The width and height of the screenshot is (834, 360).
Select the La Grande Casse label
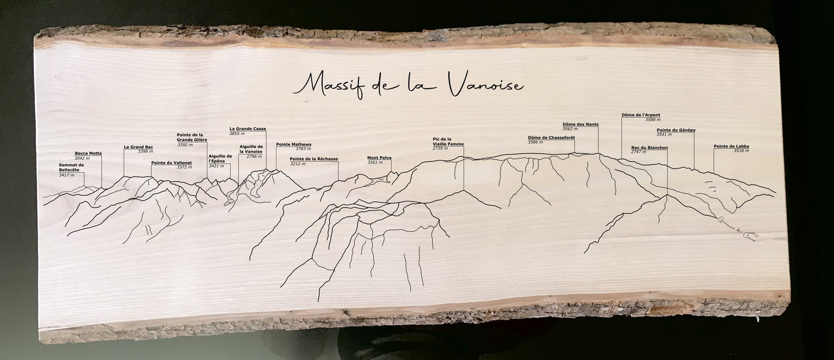[248, 129]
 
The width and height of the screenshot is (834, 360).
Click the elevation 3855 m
[237, 133]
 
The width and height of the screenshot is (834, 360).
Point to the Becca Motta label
[88, 153]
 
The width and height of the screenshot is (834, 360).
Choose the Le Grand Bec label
[139, 147]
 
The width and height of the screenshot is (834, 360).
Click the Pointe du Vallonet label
[171, 163]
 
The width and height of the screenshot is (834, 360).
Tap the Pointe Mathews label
[294, 144]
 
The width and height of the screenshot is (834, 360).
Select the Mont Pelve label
[379, 157]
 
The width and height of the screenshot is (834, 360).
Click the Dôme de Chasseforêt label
[551, 137]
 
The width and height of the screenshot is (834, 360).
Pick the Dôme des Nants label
[580, 124]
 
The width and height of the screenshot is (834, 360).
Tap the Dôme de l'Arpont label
[641, 115]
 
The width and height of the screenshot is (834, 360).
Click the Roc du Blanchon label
[649, 148]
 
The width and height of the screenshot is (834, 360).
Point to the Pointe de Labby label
[731, 146]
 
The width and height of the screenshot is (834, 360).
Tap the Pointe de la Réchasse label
[314, 159]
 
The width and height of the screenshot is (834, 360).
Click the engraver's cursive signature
[736, 231]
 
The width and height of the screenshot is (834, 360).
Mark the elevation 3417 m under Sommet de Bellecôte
[66, 175]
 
